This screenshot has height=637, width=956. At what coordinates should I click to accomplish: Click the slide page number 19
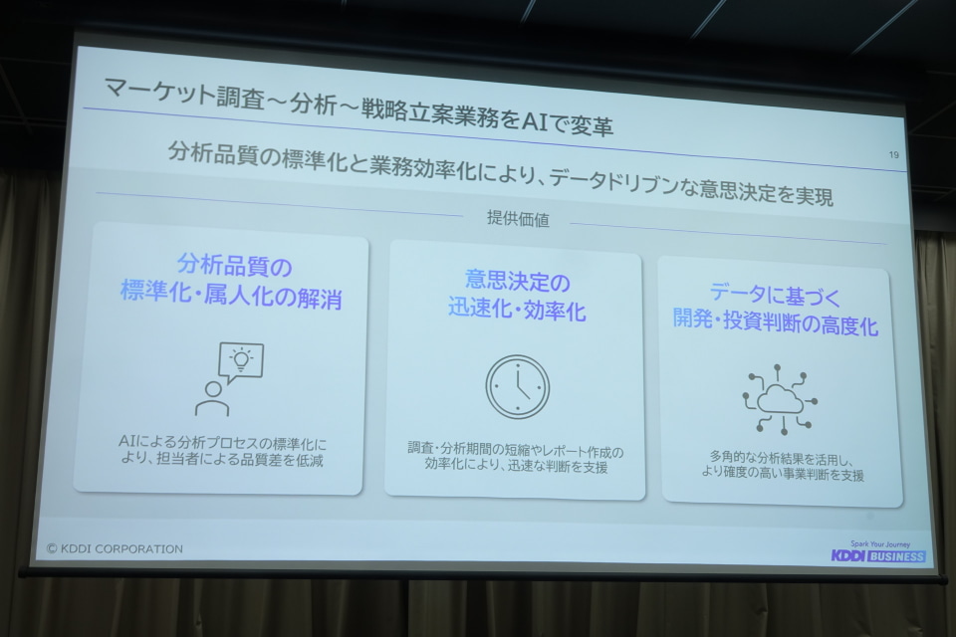coord(893,155)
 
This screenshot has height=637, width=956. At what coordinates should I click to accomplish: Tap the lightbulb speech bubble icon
coord(240,362)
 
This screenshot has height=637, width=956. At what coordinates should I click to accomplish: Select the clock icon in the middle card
coord(518,387)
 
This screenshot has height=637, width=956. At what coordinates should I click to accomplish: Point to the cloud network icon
coord(780,399)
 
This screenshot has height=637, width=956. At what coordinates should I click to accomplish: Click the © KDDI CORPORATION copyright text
coord(115,548)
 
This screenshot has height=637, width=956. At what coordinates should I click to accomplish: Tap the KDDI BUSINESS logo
coord(878,556)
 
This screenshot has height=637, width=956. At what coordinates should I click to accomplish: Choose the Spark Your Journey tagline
coord(879,544)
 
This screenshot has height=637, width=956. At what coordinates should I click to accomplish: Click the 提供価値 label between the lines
coord(518,218)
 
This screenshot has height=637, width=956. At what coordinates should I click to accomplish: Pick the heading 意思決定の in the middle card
coord(517,281)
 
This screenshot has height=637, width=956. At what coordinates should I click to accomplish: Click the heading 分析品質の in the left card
coord(235,266)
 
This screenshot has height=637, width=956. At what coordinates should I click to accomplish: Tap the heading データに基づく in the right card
coord(776,295)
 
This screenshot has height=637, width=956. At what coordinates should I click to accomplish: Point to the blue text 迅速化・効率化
coord(517,310)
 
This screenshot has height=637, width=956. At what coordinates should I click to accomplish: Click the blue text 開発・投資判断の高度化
coord(776,321)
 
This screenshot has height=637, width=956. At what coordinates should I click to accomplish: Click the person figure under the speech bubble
coord(212,399)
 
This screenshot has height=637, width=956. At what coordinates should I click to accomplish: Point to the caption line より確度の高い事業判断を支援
coord(783,473)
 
